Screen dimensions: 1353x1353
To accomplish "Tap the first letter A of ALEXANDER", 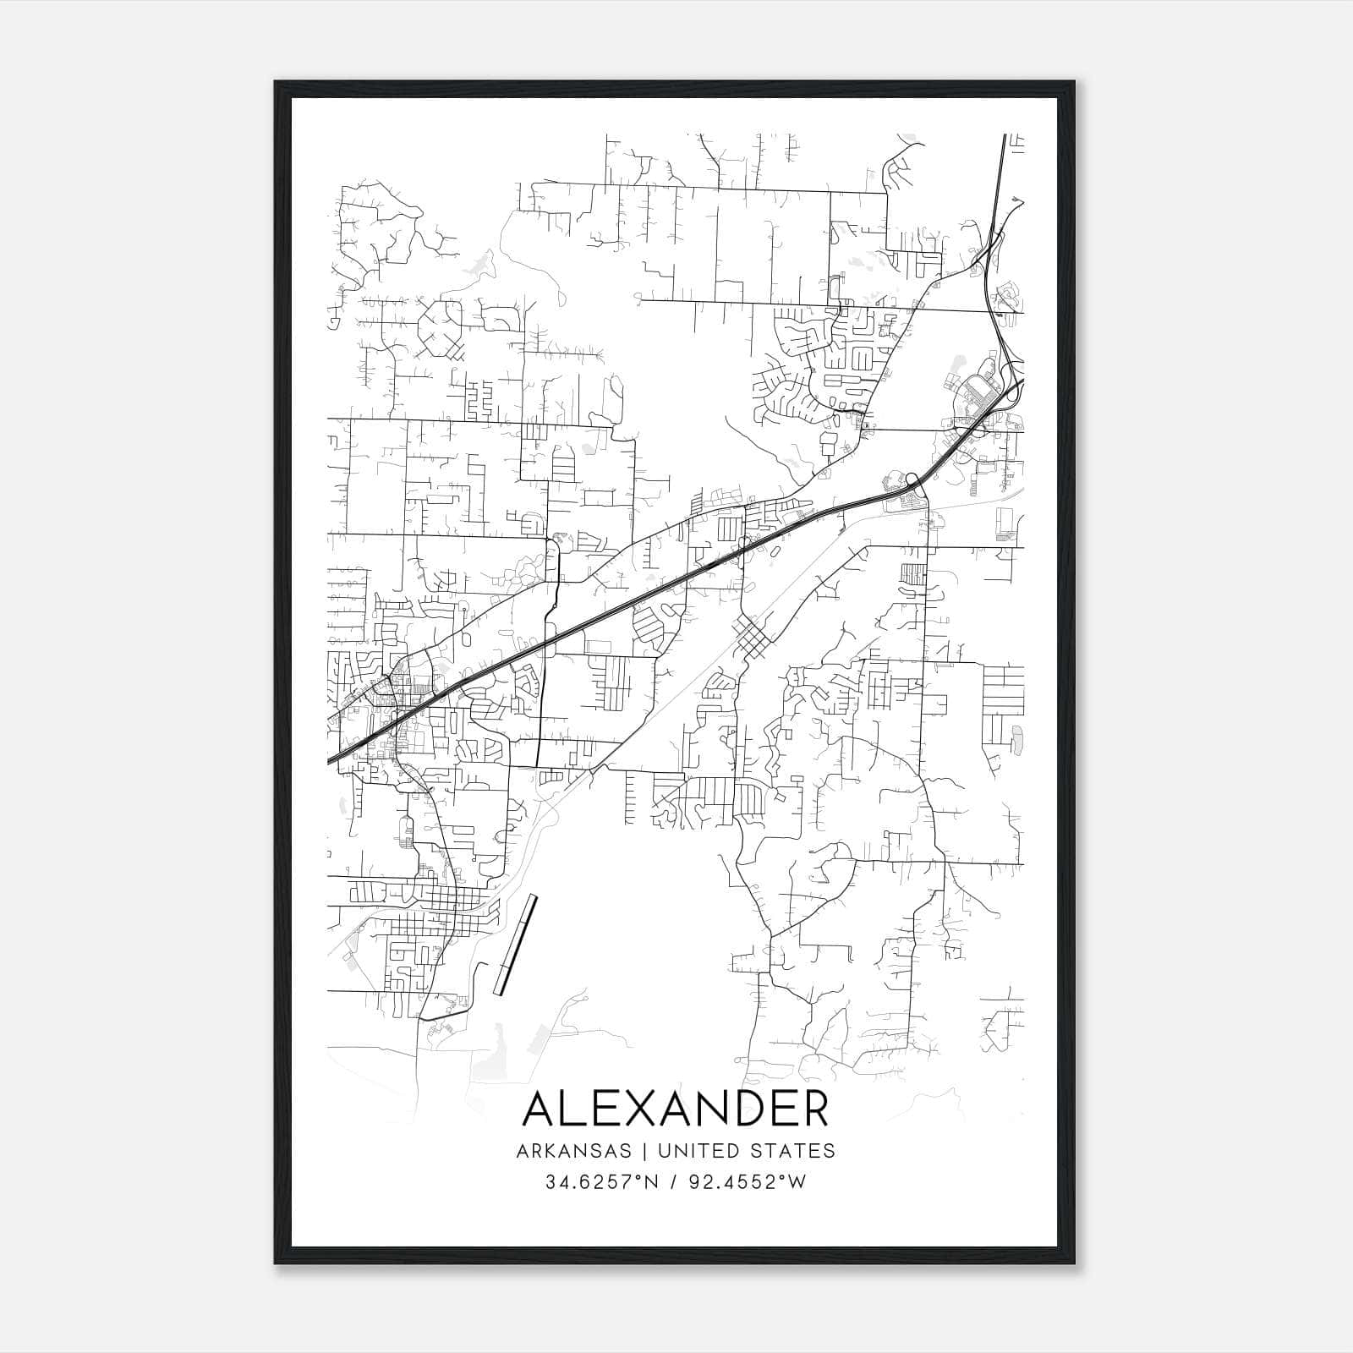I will coord(541,1109).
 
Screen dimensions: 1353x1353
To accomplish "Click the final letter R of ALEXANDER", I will coord(813,1109).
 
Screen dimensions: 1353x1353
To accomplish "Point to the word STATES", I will coord(793,1151).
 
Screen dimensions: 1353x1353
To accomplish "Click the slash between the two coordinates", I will coord(673,1182).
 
